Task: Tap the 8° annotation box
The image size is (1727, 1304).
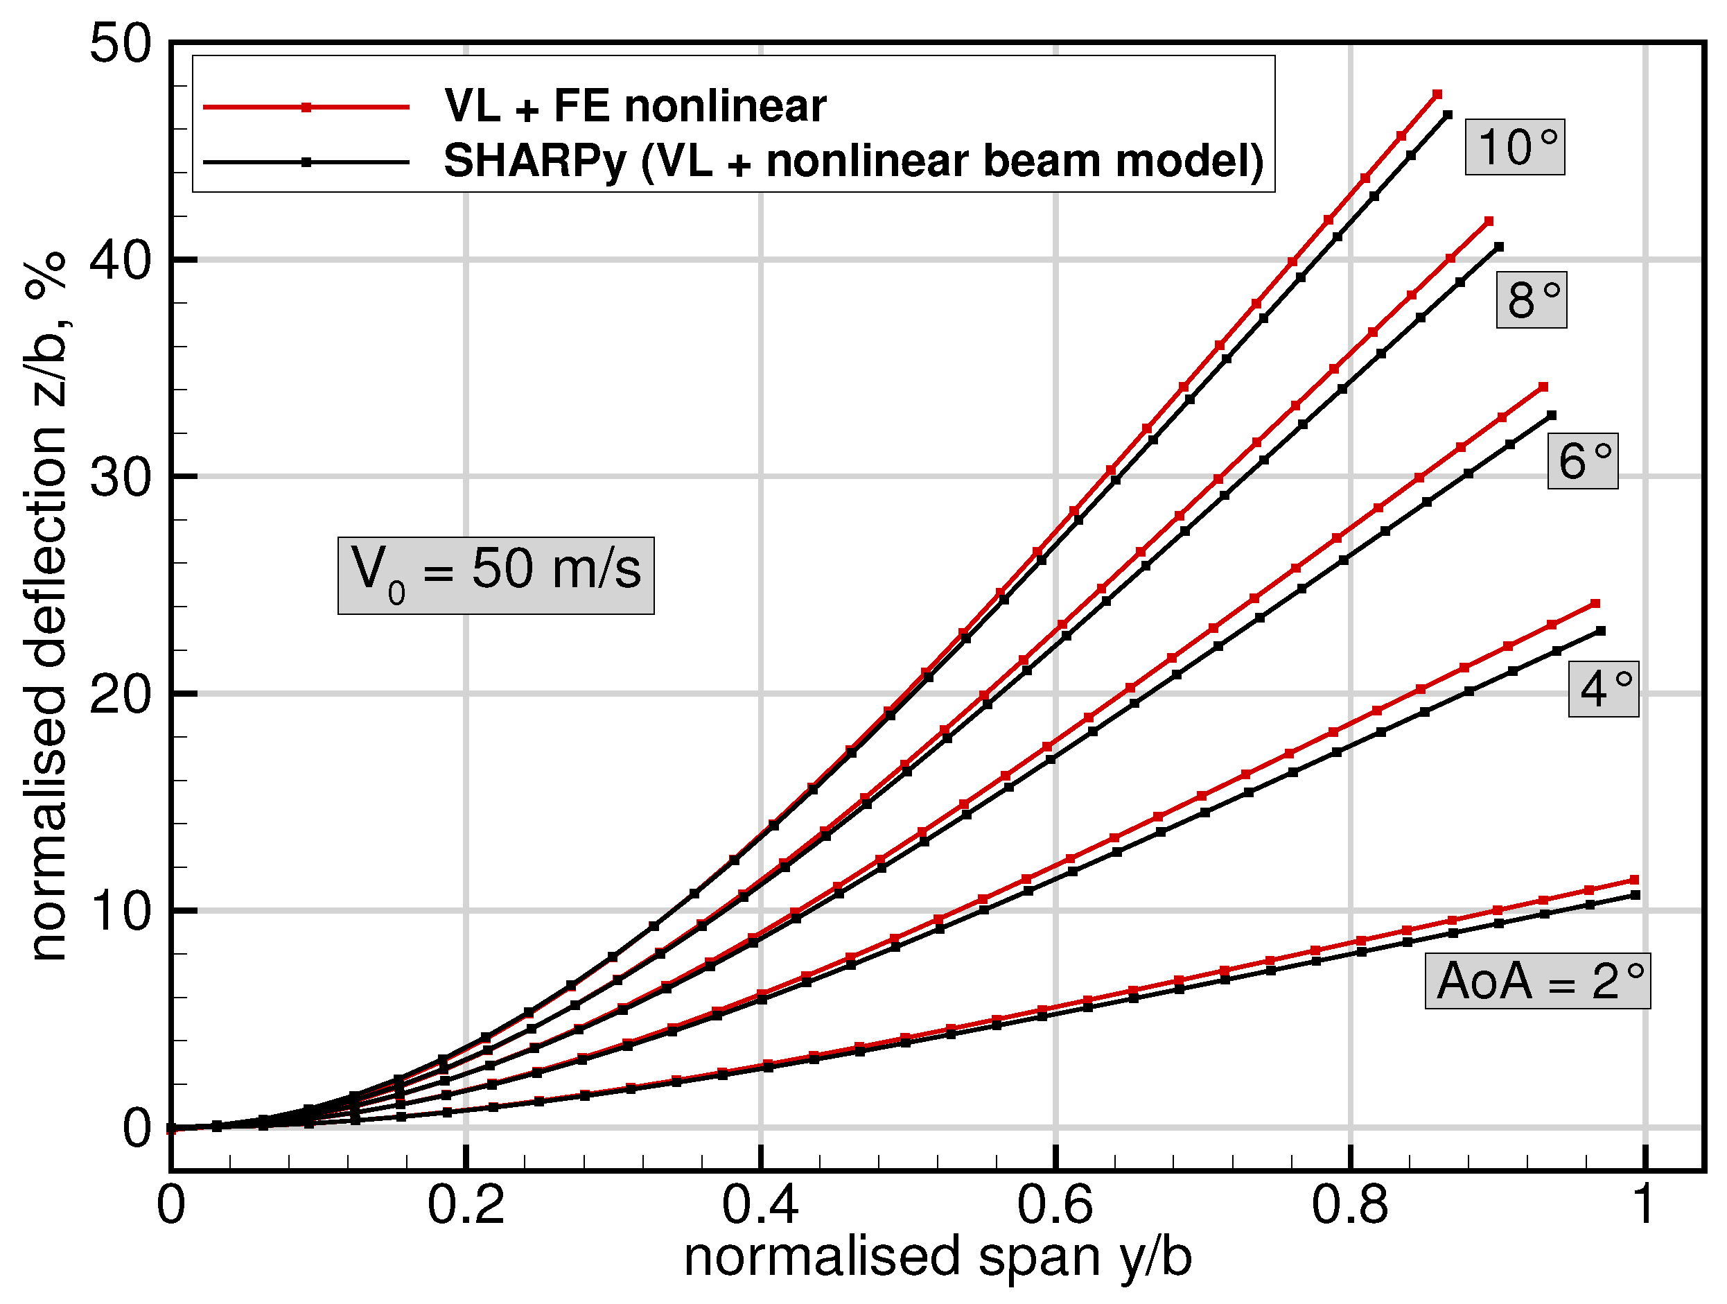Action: tap(1531, 301)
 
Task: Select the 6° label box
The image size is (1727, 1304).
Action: tap(1583, 462)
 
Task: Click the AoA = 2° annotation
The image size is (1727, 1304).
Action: tap(1537, 982)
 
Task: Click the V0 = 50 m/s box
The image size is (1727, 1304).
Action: tap(496, 575)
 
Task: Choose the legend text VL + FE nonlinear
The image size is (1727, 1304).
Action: tap(635, 106)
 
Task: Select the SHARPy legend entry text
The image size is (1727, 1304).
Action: tap(853, 162)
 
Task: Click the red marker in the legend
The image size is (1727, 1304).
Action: tap(307, 107)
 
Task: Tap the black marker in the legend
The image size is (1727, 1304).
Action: tap(307, 162)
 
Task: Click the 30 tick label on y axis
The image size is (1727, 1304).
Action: tap(119, 477)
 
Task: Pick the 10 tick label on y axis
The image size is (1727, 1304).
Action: tap(119, 911)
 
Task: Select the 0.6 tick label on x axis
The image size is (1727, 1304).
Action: tap(1055, 1205)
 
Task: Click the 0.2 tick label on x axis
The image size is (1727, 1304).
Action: tap(465, 1205)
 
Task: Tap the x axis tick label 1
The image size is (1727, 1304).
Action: tap(1645, 1205)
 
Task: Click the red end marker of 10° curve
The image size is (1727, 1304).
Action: tap(1437, 94)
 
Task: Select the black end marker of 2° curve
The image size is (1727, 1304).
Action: tap(1636, 895)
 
